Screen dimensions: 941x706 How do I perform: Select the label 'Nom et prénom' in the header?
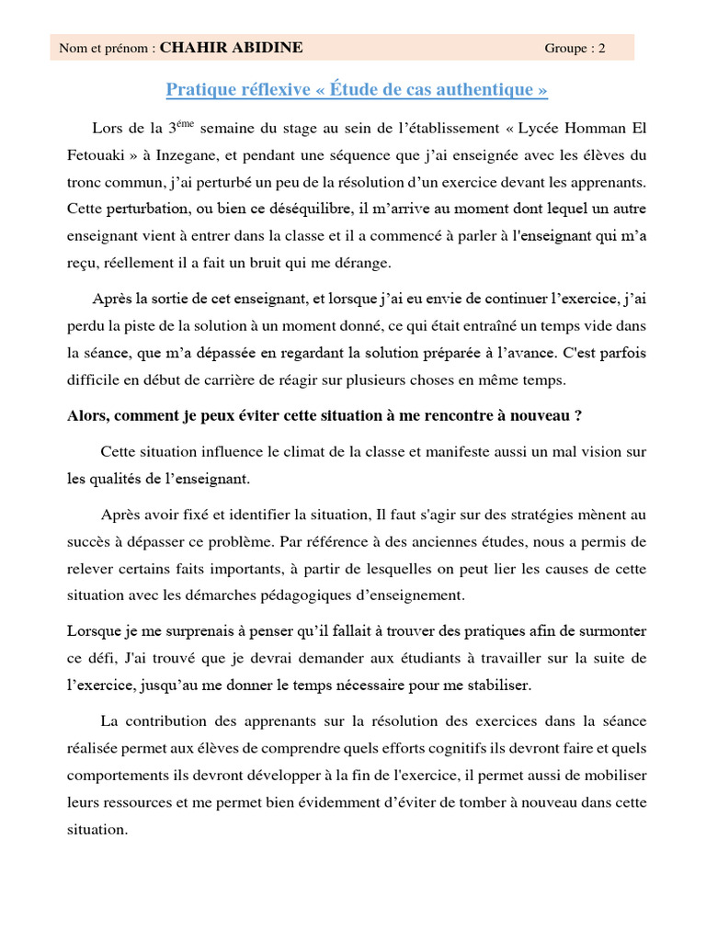(x=103, y=50)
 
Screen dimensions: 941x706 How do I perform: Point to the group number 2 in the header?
(x=602, y=50)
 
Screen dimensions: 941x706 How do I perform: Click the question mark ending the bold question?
(x=578, y=414)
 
